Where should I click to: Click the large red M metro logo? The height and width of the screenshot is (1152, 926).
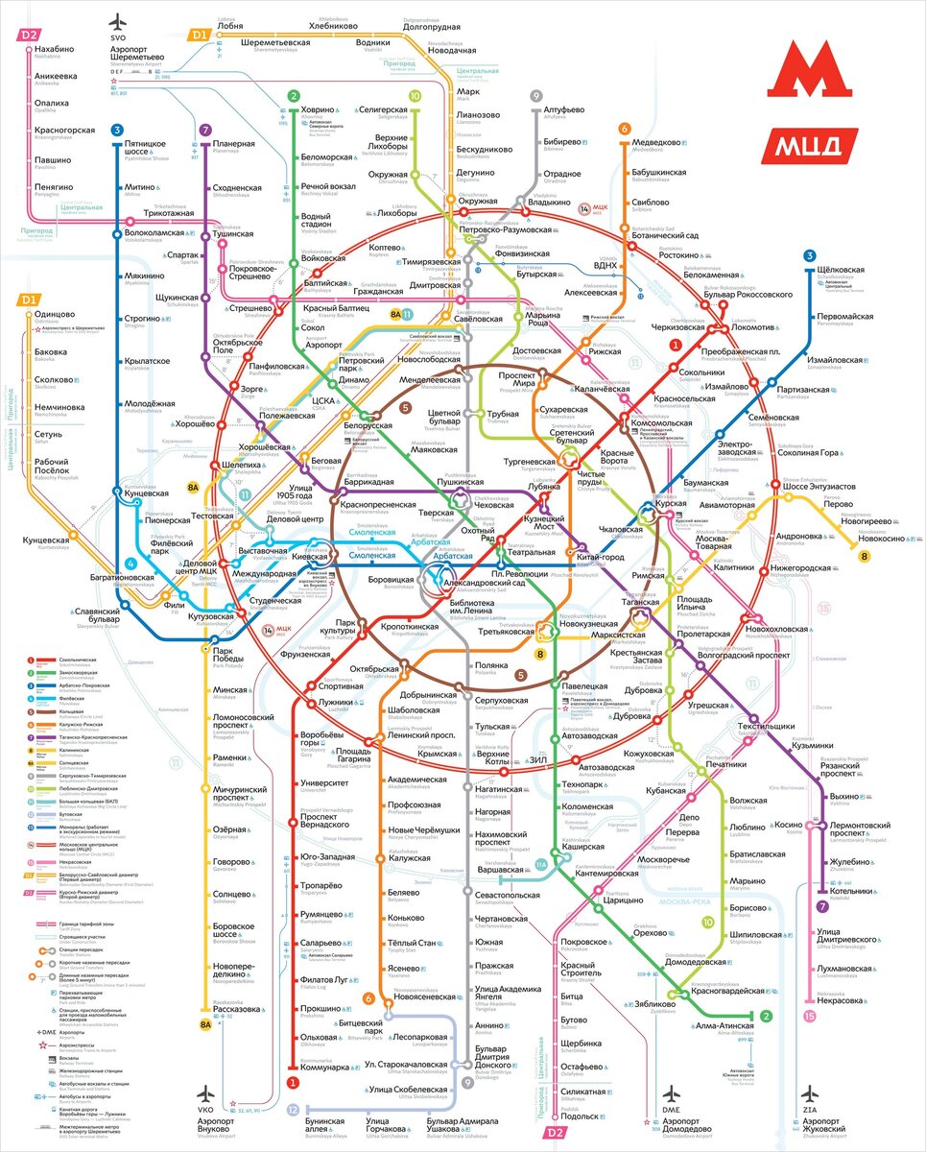(810, 69)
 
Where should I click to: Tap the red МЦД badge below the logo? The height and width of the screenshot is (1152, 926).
(810, 145)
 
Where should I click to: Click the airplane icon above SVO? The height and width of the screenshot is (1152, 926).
(118, 22)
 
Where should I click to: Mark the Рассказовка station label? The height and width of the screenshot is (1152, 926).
(238, 1009)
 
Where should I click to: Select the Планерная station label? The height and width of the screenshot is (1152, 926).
(233, 144)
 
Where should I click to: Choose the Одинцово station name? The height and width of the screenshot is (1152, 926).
(54, 314)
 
